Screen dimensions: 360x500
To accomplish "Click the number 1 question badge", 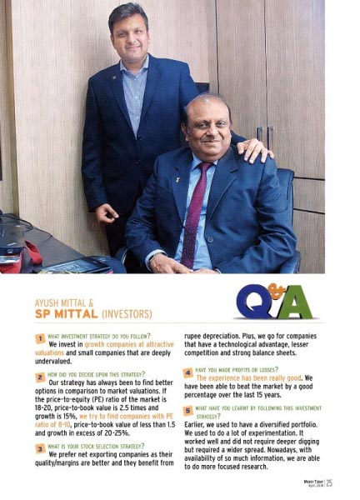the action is pyautogui.click(x=38, y=339).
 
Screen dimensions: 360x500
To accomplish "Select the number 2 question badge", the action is pyautogui.click(x=38, y=377).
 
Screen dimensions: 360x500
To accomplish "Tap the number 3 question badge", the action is pyautogui.click(x=38, y=447).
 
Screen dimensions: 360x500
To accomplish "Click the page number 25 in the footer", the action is pyautogui.click(x=330, y=482).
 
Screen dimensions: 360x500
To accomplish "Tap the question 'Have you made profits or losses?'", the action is pyautogui.click(x=242, y=369).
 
